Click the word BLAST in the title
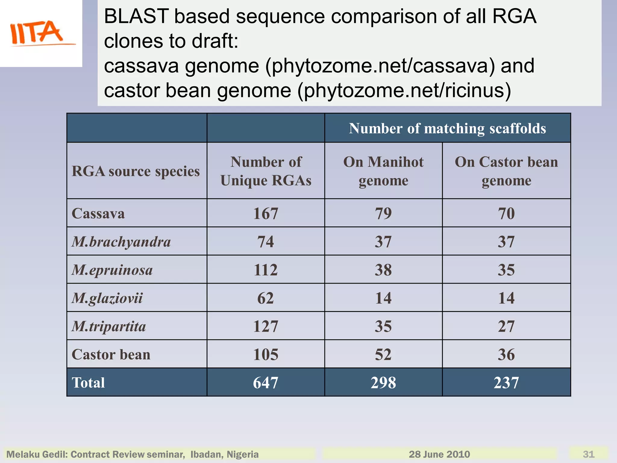(136, 16)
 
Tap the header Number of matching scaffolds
(447, 128)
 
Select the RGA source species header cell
(136, 171)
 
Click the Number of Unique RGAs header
(266, 171)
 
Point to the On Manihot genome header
(383, 171)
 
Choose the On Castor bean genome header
(506, 171)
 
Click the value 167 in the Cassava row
(265, 213)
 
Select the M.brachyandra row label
(121, 242)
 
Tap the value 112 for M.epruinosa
(265, 270)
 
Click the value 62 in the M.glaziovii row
(265, 298)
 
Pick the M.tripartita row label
(109, 326)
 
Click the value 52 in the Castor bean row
(383, 354)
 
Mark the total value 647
(265, 383)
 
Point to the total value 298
(383, 383)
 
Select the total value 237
(506, 383)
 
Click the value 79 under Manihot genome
(383, 213)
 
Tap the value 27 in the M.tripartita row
(506, 326)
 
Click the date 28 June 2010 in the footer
(439, 454)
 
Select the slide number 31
(588, 454)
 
